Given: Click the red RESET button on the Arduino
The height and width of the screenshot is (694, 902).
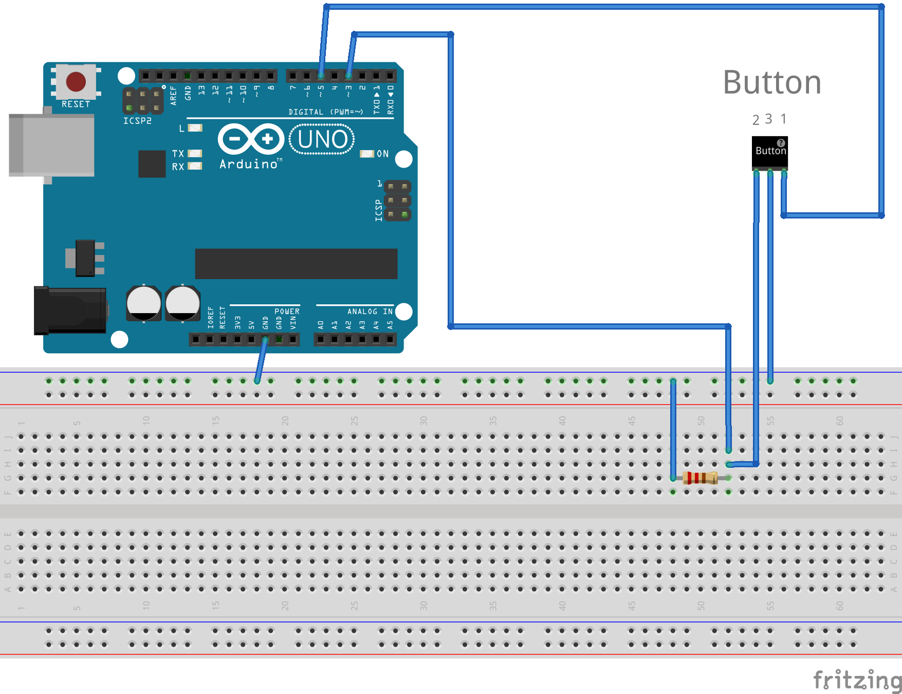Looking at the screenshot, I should point(76,82).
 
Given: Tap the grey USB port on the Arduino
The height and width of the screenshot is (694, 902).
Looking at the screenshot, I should point(51,145).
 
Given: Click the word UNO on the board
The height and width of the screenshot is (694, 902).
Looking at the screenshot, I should point(322,139).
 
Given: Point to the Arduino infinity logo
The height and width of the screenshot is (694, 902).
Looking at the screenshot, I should point(251,139).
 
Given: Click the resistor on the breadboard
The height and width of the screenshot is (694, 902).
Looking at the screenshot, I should point(700,478).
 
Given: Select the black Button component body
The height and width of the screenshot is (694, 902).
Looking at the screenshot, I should point(769,152).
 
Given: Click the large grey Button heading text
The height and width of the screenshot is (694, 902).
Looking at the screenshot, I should point(772,82).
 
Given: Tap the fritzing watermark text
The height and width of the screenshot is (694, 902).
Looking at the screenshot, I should point(857,680).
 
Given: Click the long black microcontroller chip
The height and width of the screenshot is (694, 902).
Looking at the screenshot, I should point(296,264).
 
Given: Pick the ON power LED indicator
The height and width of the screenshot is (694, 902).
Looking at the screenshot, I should point(367,154).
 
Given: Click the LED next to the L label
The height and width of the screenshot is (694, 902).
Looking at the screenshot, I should point(195,128).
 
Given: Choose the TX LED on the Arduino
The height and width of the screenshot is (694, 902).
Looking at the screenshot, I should point(195,153).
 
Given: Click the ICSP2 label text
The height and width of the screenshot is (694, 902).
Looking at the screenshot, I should point(137,121).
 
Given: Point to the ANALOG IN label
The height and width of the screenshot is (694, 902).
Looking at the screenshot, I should point(370,312).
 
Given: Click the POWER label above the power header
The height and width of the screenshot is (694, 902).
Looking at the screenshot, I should point(287,312).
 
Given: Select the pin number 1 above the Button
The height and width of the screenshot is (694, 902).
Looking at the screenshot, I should point(783,119).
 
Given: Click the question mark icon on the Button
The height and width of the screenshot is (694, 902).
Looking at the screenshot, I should point(781,143).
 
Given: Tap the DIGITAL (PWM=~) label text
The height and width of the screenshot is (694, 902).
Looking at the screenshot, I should point(325,112).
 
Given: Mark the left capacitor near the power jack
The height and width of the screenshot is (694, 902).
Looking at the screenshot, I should point(144,303).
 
